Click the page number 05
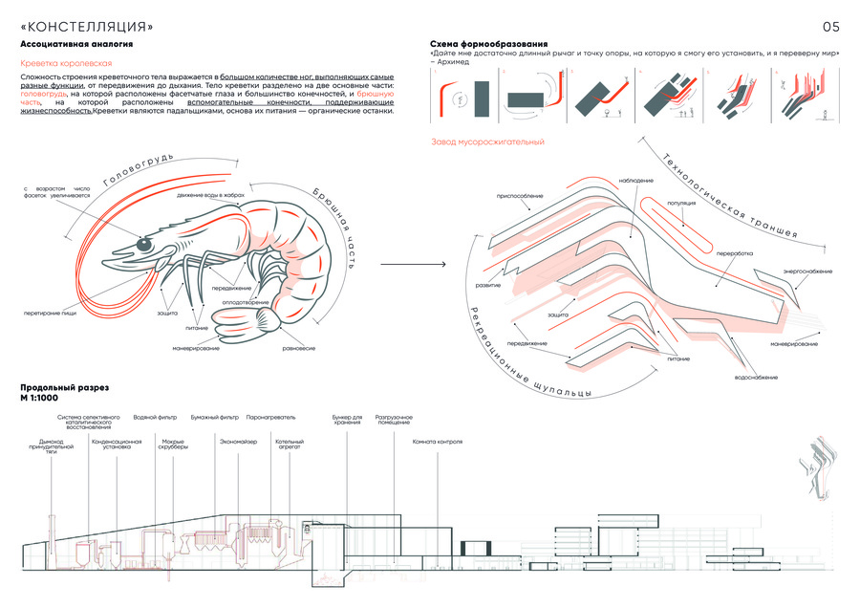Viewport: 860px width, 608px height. point(830,26)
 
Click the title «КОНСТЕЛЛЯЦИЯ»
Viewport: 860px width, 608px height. point(86,26)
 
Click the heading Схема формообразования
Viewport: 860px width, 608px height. point(489,44)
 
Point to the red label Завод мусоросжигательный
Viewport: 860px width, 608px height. point(487,142)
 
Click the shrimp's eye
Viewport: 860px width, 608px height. point(144,245)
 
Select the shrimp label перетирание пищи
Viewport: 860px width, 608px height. point(52,313)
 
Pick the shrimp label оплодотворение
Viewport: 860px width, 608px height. point(245,303)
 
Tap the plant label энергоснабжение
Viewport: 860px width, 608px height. point(807,271)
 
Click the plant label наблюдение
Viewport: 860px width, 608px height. point(636,180)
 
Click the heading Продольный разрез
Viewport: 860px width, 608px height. point(64,387)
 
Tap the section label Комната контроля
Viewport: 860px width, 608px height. point(438,442)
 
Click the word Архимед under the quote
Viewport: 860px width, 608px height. point(450,62)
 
